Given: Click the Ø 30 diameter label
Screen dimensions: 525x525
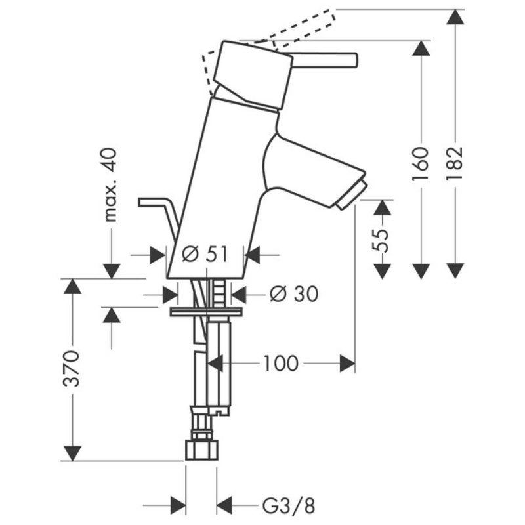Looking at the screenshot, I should tap(293, 295).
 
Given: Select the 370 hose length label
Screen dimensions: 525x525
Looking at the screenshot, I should tap(73, 369).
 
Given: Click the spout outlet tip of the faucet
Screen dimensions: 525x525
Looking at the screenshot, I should tap(349, 197).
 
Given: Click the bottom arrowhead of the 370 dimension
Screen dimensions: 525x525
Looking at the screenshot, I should tap(73, 453).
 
